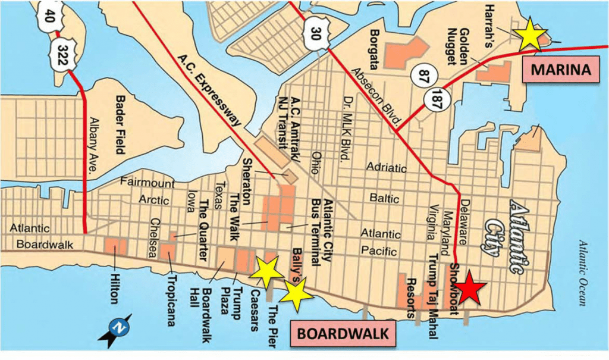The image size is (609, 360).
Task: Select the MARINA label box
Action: tap(561, 70)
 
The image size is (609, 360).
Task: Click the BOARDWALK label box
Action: tap(342, 333)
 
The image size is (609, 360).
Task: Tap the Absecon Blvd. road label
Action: tap(375, 95)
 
